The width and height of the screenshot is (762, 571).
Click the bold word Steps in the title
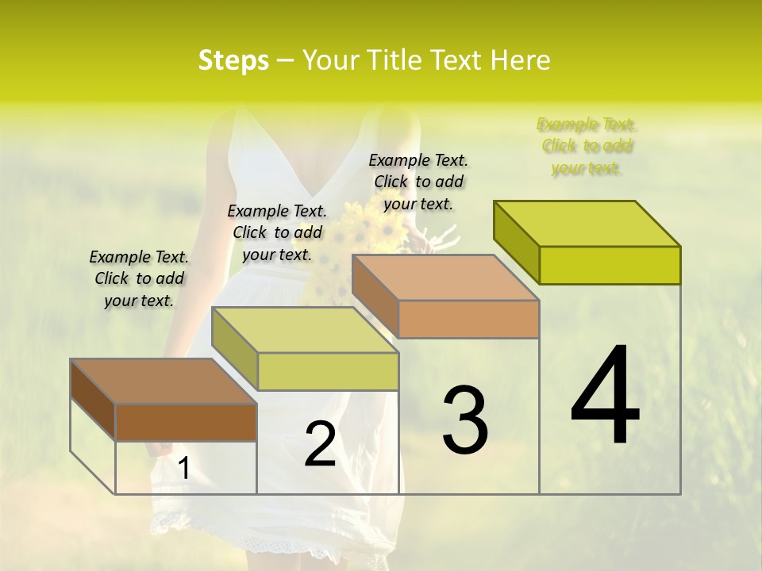click(x=233, y=60)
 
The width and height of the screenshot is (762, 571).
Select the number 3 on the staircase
click(x=465, y=420)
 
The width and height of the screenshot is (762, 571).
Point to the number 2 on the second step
click(x=320, y=445)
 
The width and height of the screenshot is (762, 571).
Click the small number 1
click(x=183, y=469)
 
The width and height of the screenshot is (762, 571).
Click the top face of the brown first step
click(x=164, y=381)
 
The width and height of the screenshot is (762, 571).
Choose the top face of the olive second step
click(x=305, y=330)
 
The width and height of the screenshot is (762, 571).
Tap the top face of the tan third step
click(x=445, y=278)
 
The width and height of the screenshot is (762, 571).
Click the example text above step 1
click(x=139, y=278)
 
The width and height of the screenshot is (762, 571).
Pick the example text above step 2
click(x=277, y=232)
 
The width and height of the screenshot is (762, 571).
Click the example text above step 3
click(x=418, y=182)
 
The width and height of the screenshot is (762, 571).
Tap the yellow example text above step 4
click(x=587, y=146)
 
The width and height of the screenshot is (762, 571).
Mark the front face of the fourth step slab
click(x=610, y=265)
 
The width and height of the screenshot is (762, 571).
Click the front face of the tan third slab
click(x=468, y=320)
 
